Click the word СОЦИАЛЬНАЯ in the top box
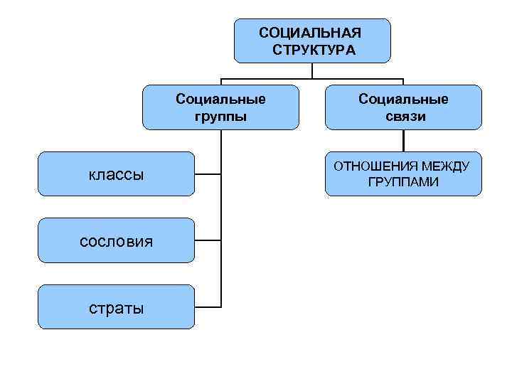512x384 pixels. tap(310, 33)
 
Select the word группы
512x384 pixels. tap(221, 116)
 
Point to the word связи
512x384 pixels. tap(403, 116)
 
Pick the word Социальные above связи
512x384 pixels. tap(403, 99)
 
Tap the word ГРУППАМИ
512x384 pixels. tap(403, 183)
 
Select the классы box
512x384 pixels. tap(116, 174)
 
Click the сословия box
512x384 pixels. tap(116, 240)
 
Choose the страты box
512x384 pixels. tap(116, 307)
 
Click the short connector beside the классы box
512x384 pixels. tap(207, 174)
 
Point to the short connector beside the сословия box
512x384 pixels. tap(207, 240)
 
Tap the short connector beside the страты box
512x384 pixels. tap(207, 307)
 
